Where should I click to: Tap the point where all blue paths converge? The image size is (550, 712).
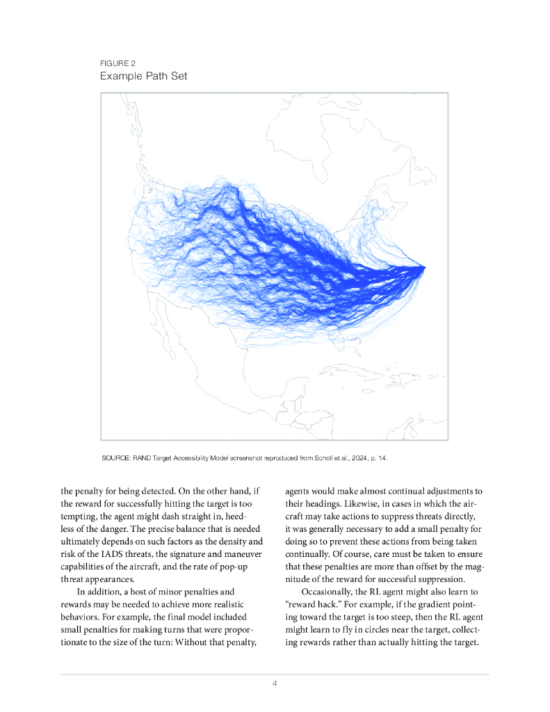click(423, 267)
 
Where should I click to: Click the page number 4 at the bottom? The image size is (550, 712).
click(275, 683)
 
